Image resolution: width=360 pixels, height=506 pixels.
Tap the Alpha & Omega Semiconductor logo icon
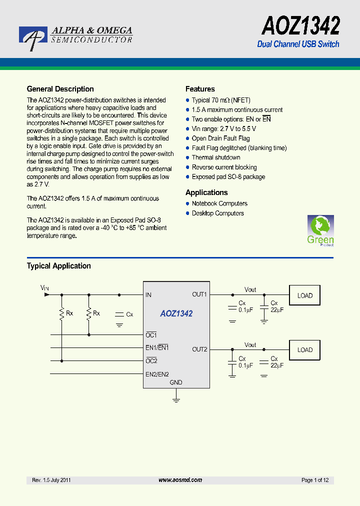(33, 38)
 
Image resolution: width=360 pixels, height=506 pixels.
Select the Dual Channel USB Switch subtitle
(298, 44)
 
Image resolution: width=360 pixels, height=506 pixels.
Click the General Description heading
(60, 89)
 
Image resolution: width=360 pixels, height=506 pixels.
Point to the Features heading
(200, 89)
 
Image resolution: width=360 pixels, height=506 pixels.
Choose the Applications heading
(206, 192)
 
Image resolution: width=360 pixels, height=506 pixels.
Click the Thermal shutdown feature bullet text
(216, 157)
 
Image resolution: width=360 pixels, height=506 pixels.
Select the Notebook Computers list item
(219, 203)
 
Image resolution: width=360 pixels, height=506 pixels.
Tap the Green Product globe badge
(320, 230)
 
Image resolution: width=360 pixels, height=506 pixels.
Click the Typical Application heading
(58, 266)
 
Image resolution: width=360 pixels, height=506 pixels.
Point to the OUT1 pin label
(199, 294)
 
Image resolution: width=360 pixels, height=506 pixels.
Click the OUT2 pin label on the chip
(199, 349)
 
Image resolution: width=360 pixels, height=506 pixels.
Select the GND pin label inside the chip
(176, 382)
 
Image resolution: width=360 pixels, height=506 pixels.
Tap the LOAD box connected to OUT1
(305, 295)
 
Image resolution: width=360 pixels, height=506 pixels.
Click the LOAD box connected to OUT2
(305, 350)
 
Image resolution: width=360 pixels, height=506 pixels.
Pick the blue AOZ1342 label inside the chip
(176, 314)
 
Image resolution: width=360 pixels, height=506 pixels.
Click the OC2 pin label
(151, 361)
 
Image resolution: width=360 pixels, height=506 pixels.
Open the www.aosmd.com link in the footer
(180, 480)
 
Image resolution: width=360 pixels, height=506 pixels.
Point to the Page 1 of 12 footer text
(315, 480)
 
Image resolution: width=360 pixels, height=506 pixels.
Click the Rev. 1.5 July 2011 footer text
(51, 480)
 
